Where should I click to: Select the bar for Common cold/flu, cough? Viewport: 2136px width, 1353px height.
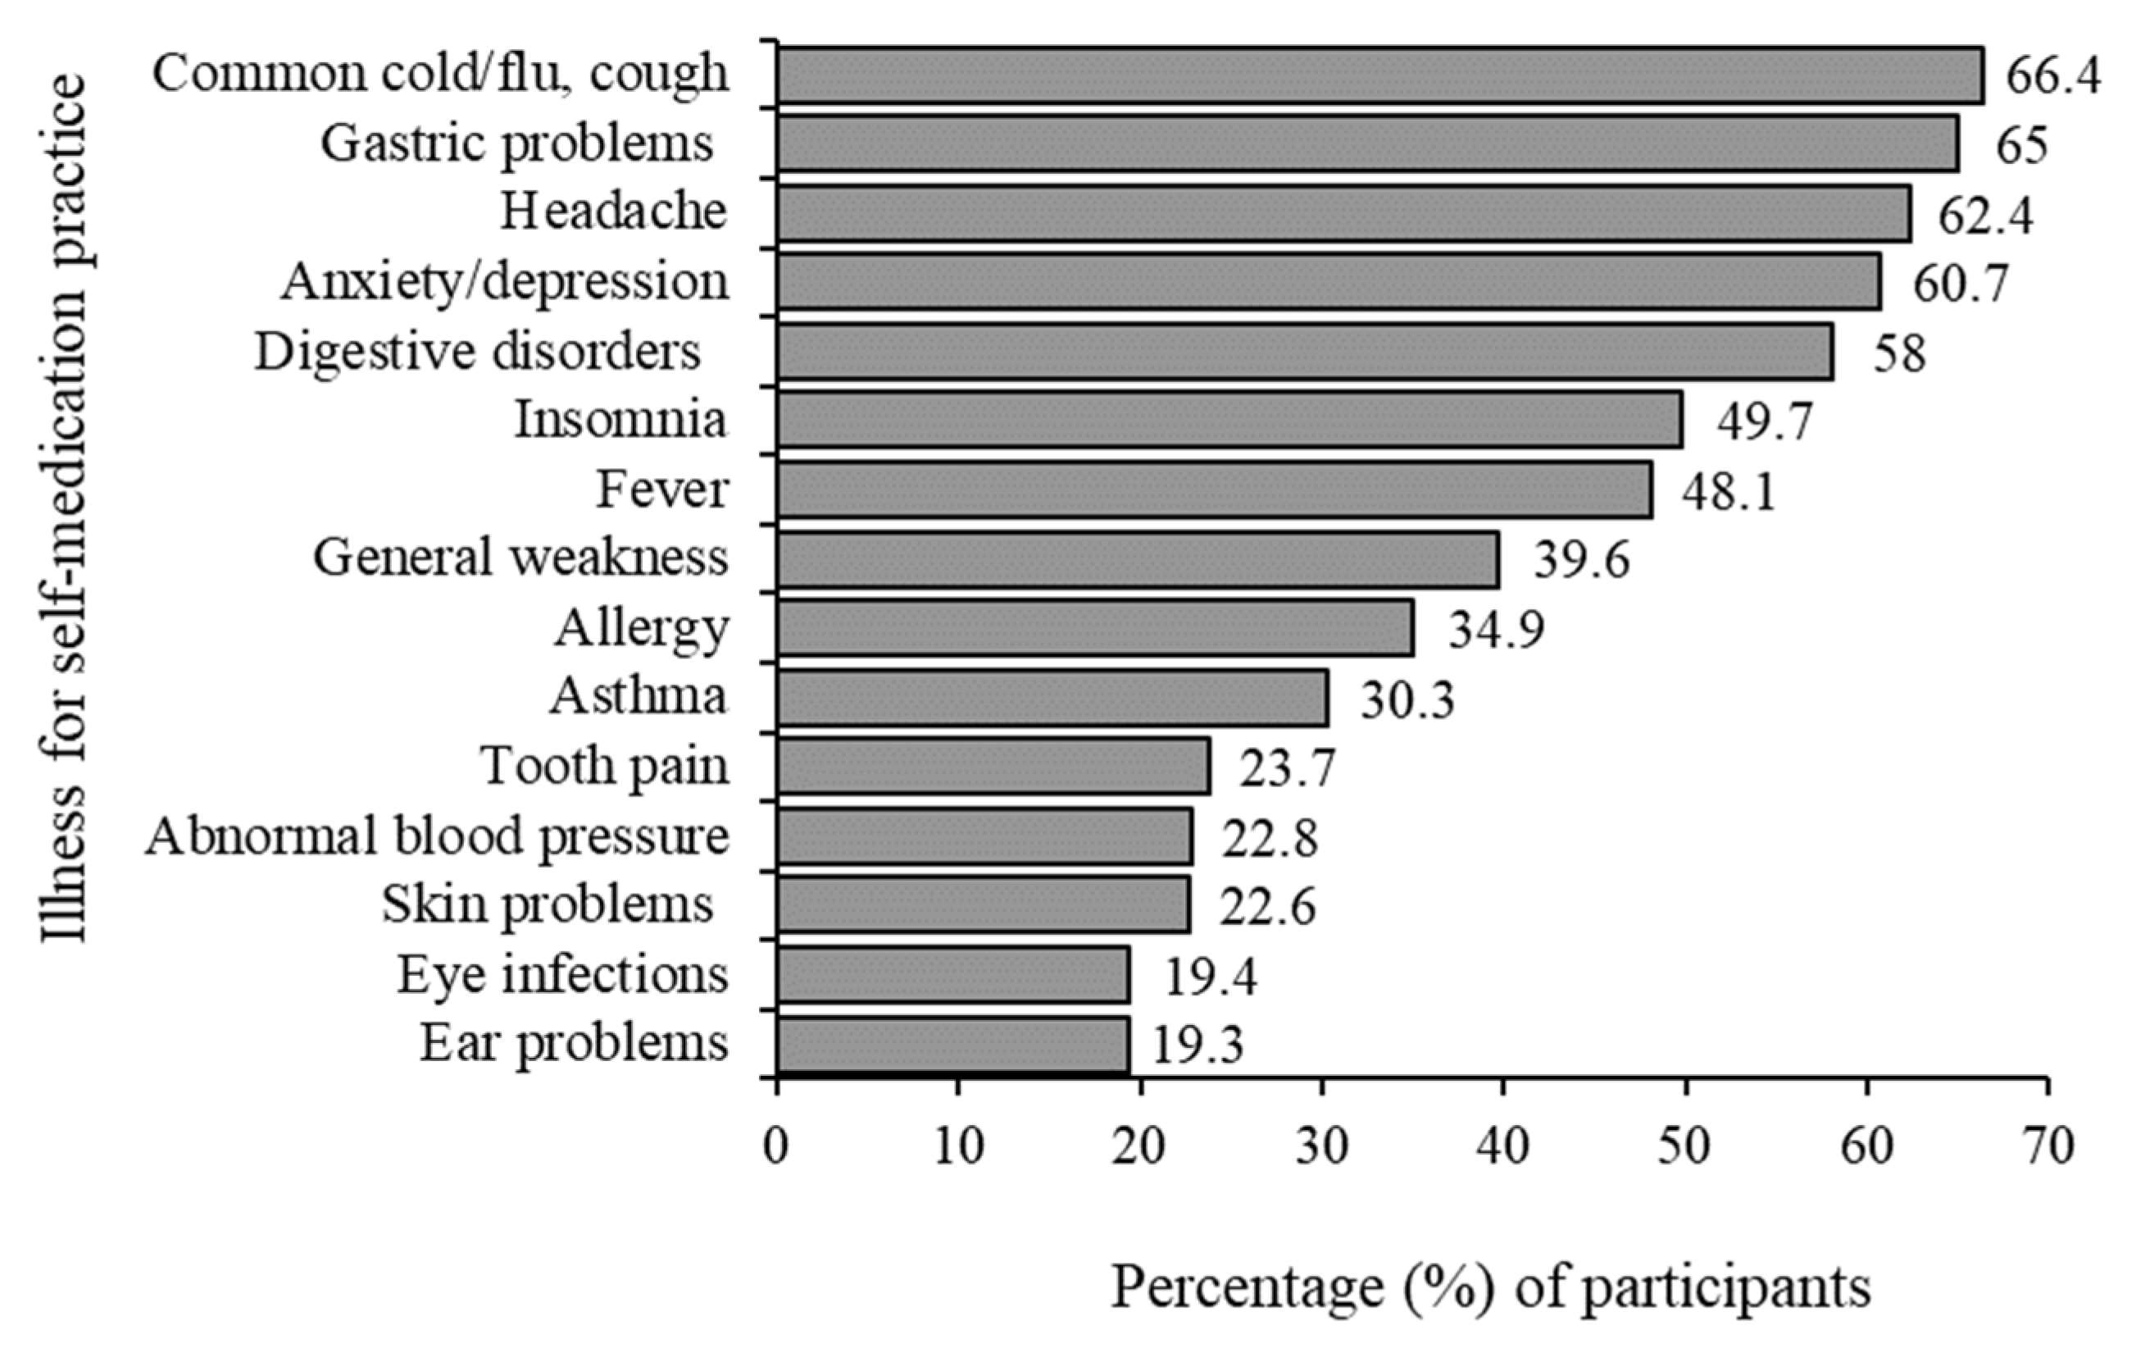[x=1379, y=75]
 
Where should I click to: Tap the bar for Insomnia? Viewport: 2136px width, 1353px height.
[x=1229, y=419]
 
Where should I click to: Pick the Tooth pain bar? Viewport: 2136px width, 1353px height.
[x=993, y=766]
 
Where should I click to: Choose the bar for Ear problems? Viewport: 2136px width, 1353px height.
[x=952, y=1044]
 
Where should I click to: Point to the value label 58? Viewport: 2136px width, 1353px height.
[x=1899, y=353]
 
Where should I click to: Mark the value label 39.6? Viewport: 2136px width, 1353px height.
[x=1582, y=562]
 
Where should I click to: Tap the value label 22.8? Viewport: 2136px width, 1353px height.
[x=1270, y=838]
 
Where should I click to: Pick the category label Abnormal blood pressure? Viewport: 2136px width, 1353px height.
[x=438, y=836]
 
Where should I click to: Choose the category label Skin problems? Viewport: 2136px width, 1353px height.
[x=548, y=906]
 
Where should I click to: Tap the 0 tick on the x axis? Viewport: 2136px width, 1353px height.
[x=776, y=1147]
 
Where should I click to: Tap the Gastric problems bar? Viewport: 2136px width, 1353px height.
[x=1368, y=144]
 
